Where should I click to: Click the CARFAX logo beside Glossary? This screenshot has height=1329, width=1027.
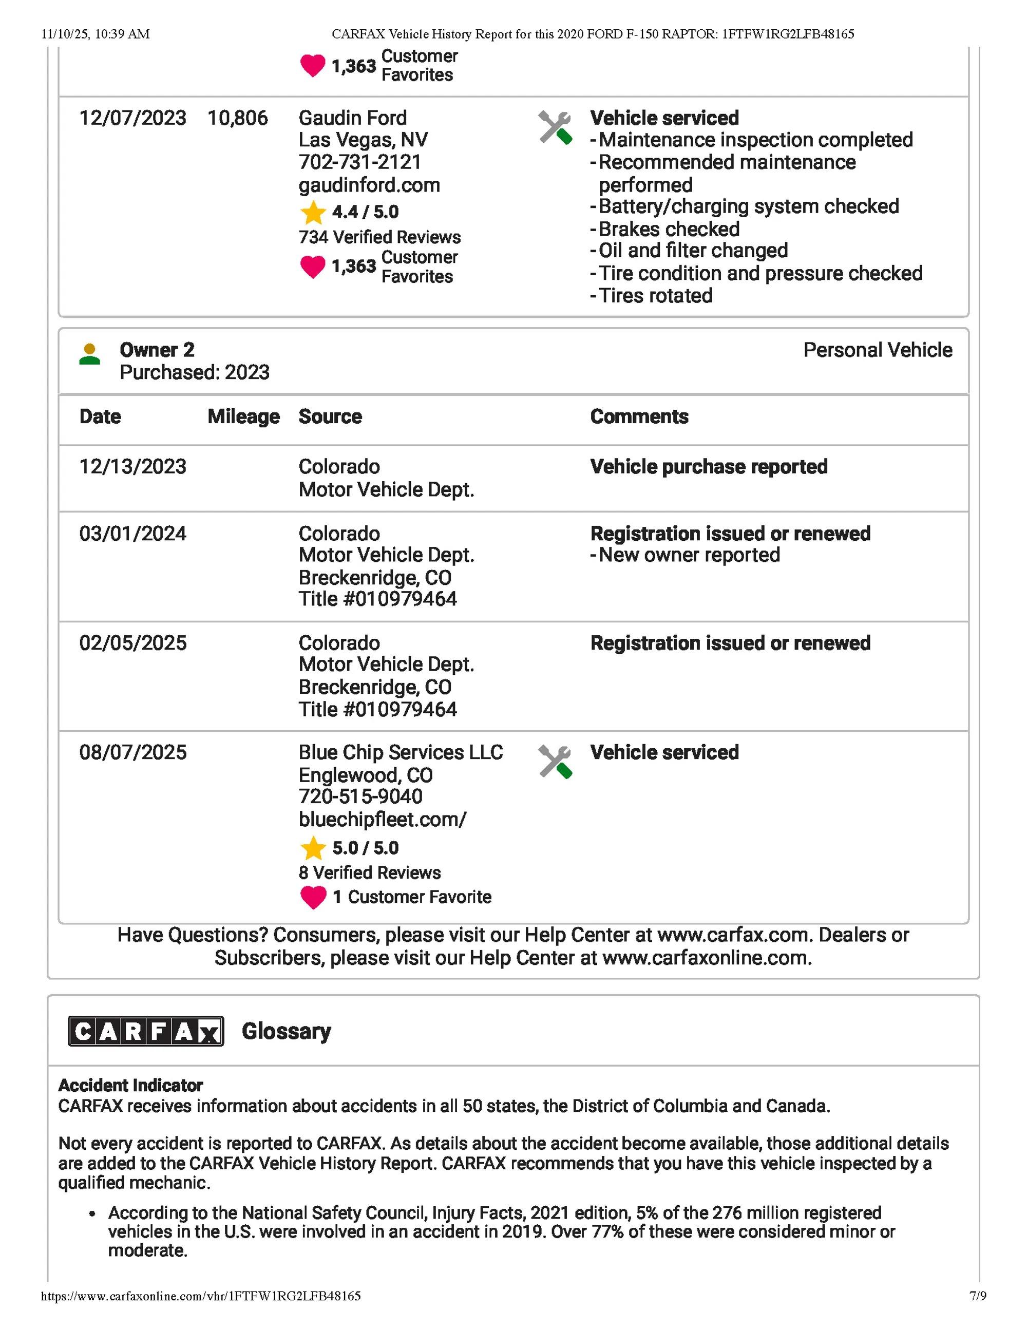[x=146, y=1031]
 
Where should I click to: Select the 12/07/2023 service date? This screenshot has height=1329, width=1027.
[x=132, y=118]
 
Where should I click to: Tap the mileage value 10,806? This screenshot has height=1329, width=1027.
[x=237, y=118]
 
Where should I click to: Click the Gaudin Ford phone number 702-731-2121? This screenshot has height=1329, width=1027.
[x=359, y=162]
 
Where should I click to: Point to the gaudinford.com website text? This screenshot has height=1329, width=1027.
[x=369, y=185]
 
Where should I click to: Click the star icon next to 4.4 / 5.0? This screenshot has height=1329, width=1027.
[x=313, y=213]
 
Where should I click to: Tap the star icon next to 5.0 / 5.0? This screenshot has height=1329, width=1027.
[x=313, y=848]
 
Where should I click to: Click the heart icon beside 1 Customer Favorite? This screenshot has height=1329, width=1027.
[x=313, y=897]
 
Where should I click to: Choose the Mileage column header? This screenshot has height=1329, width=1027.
[x=243, y=417]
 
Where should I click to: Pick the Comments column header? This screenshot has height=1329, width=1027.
[x=639, y=417]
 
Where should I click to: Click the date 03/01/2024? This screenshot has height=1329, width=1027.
[x=132, y=534]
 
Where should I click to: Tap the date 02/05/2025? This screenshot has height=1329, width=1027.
[x=132, y=643]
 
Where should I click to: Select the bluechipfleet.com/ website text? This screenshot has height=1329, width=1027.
[x=382, y=820]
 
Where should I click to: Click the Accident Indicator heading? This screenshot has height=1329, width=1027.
[x=130, y=1085]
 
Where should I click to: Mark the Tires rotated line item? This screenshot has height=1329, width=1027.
[x=655, y=296]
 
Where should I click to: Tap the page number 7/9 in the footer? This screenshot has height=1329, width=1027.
[x=978, y=1313]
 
